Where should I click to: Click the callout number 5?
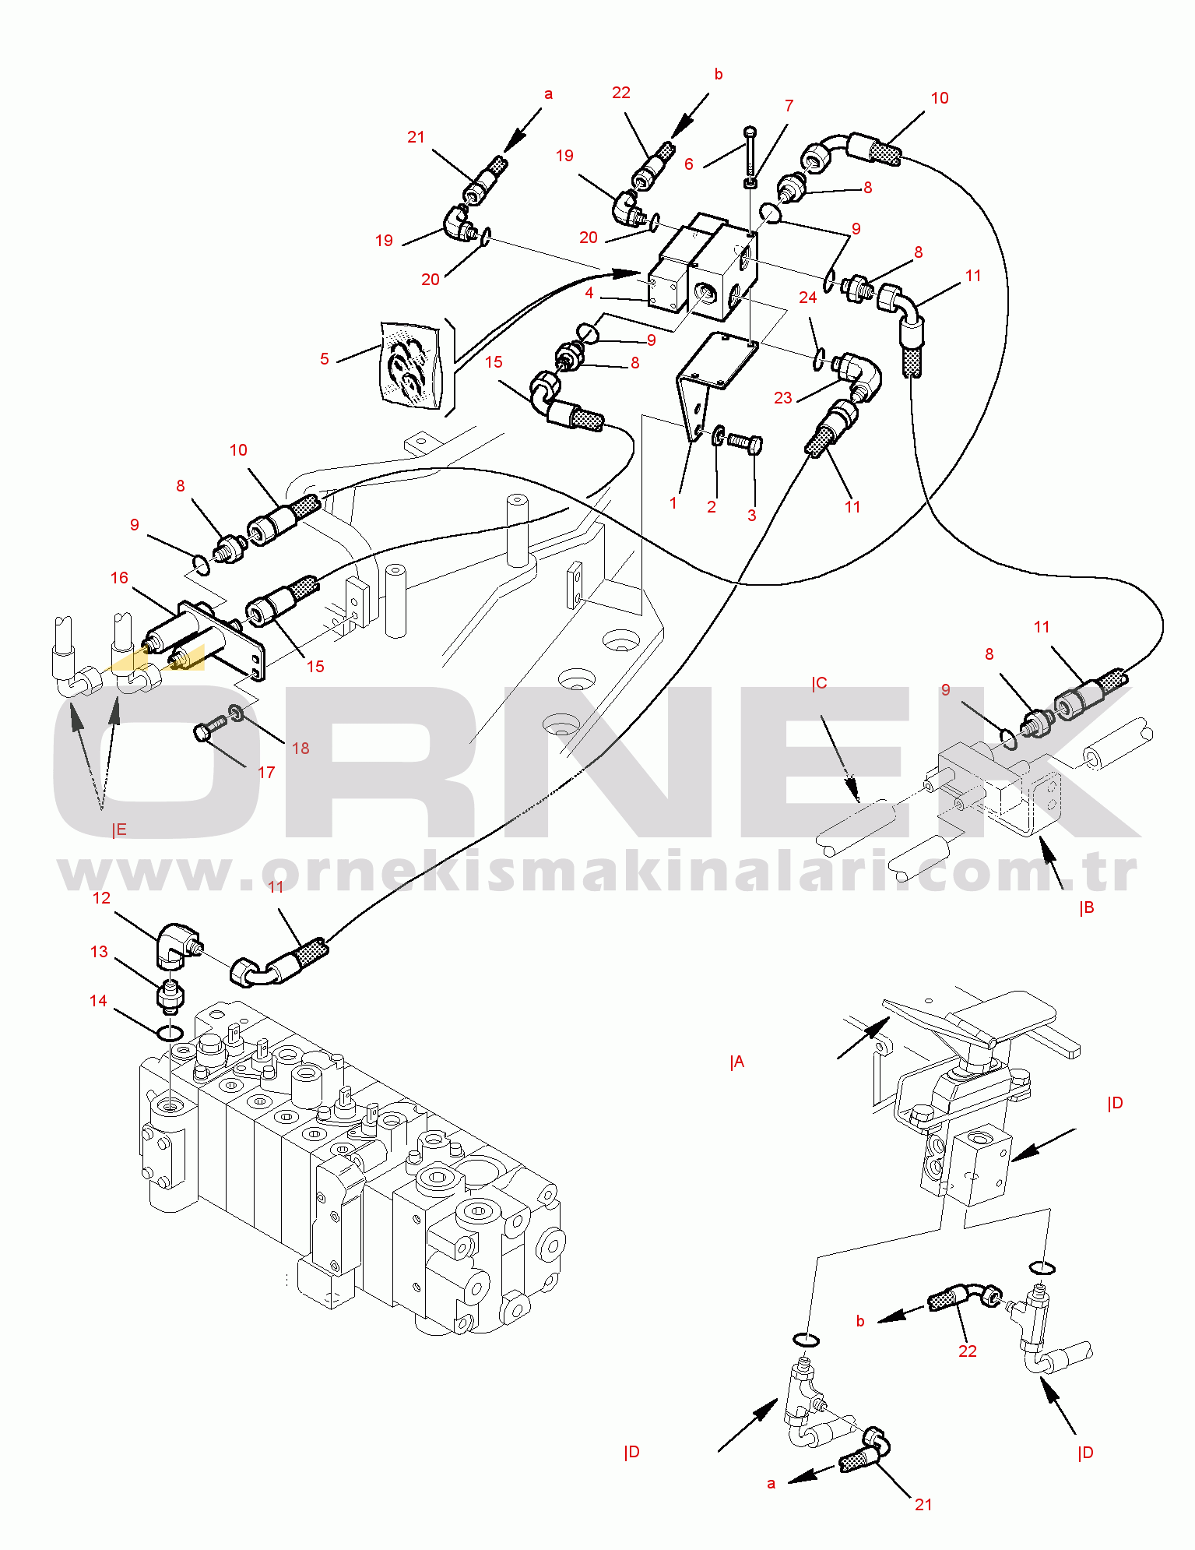point(325,359)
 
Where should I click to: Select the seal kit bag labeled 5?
point(410,365)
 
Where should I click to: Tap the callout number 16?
point(119,578)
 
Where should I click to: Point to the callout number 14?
point(98,1001)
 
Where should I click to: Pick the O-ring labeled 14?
point(170,1034)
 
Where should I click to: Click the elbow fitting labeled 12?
point(178,943)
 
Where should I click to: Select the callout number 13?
point(99,952)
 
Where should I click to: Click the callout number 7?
point(789,106)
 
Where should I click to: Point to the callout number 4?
point(589,293)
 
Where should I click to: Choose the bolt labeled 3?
point(745,444)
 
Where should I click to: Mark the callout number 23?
point(783,398)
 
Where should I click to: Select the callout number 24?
point(808,298)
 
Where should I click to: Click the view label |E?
point(119,830)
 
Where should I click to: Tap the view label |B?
point(1087,907)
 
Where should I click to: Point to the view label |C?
point(819,684)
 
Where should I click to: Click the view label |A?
point(737,1062)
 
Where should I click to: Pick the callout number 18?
point(301,749)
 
